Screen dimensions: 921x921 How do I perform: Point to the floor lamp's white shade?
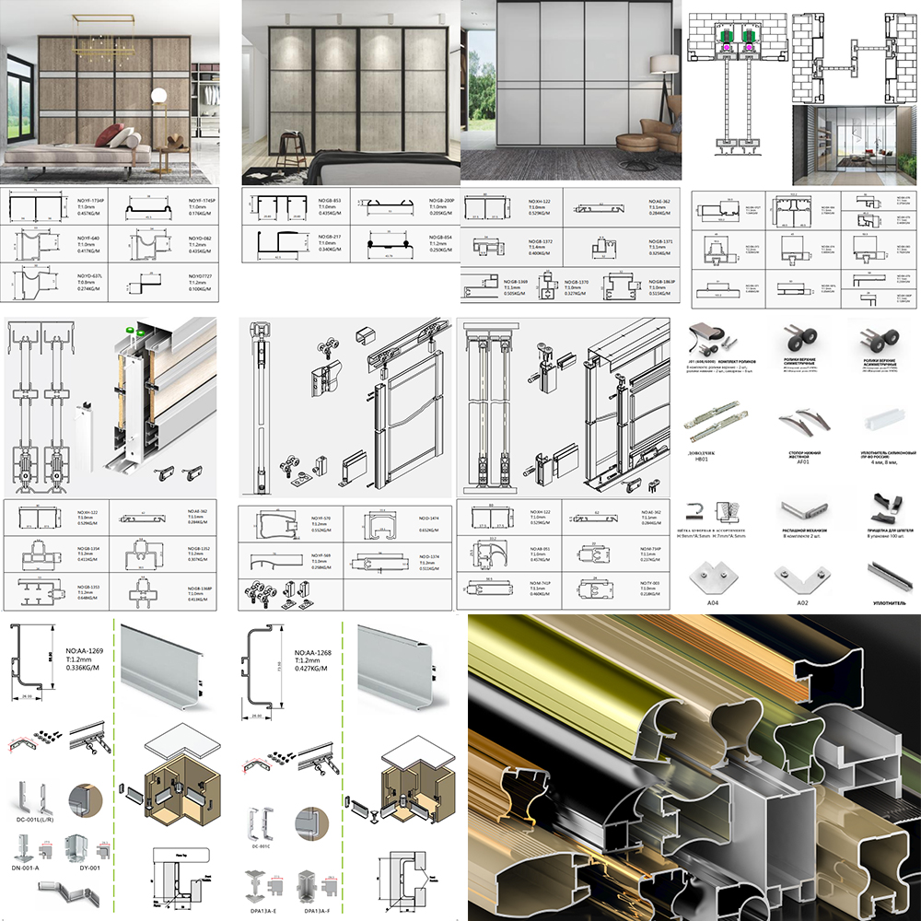click(x=661, y=65)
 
